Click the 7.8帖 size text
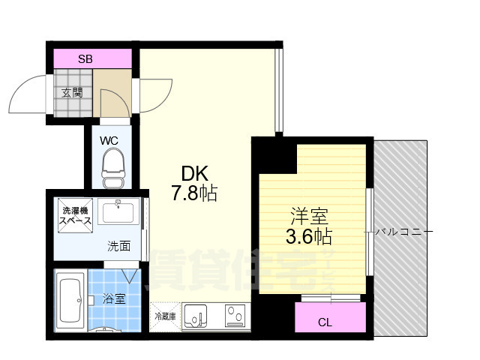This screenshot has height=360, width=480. pyautogui.click(x=193, y=194)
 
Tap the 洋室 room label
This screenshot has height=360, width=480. pyautogui.click(x=310, y=217)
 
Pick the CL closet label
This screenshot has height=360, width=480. pyautogui.click(x=324, y=323)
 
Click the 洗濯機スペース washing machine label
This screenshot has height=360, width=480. pyautogui.click(x=76, y=217)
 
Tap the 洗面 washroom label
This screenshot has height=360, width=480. pyautogui.click(x=118, y=245)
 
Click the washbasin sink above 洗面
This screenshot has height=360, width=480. pyautogui.click(x=118, y=213)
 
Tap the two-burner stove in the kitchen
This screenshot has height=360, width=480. pyautogui.click(x=235, y=316)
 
